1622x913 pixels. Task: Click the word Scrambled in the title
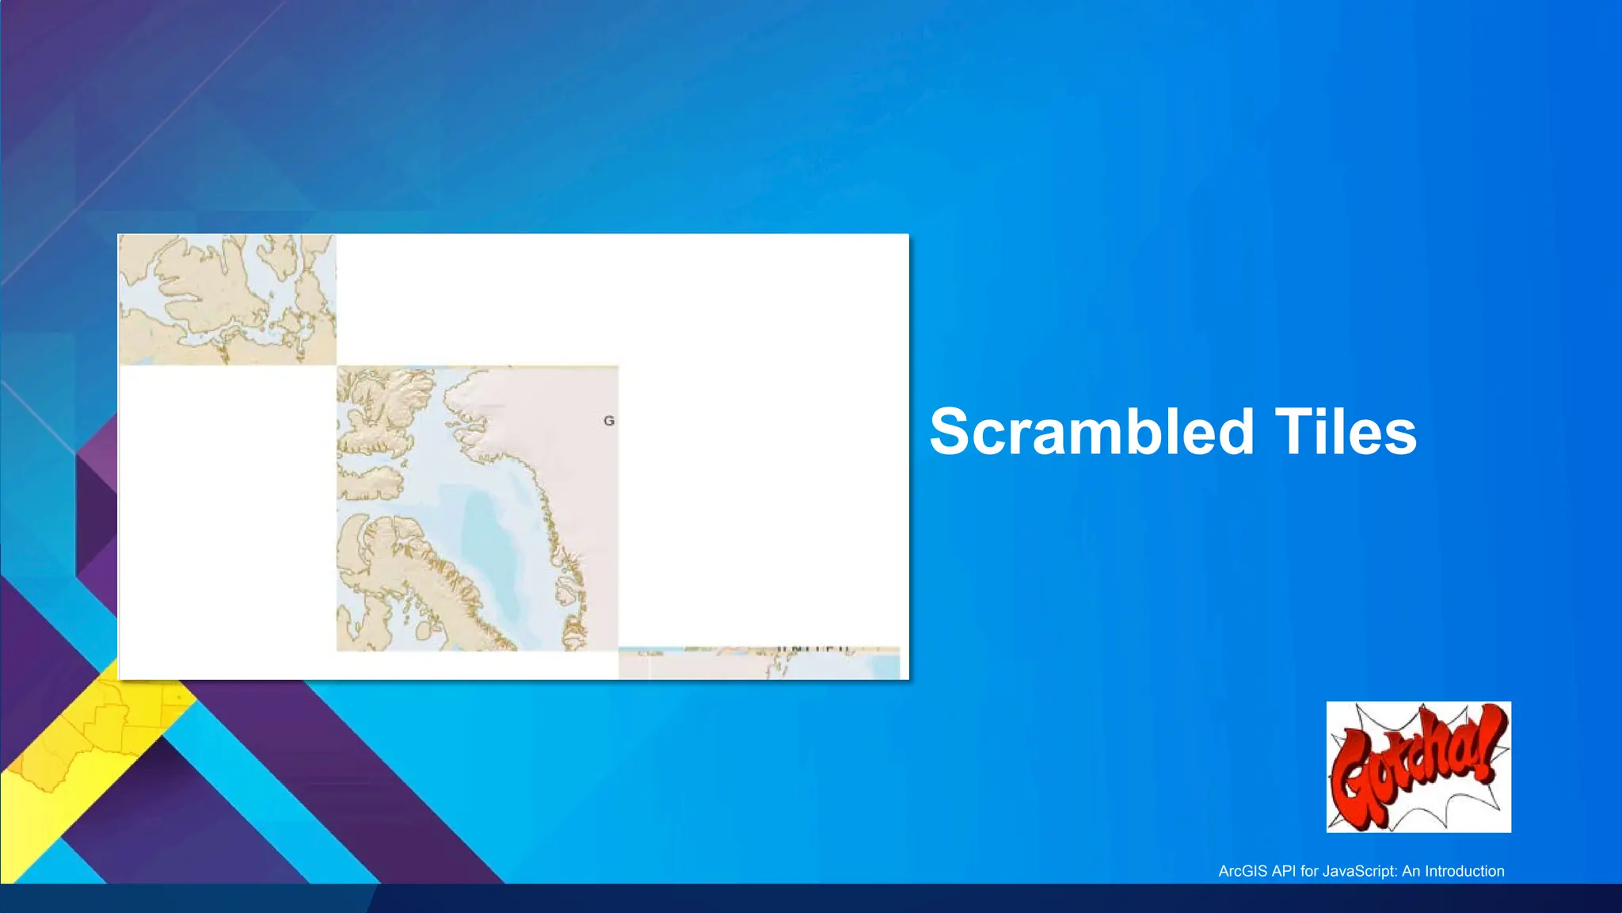tap(1091, 432)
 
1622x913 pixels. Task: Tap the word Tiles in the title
tap(1346, 432)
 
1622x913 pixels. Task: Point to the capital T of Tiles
tap(1290, 432)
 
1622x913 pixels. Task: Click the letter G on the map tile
tap(608, 421)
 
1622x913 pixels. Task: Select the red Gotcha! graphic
tap(1418, 766)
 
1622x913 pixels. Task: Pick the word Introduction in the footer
tap(1464, 871)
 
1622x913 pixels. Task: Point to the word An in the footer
tap(1411, 871)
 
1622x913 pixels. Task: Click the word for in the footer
tap(1309, 871)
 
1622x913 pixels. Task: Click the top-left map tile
tap(227, 300)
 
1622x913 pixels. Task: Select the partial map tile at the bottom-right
tap(758, 663)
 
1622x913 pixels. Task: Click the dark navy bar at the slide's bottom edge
tap(811, 899)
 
